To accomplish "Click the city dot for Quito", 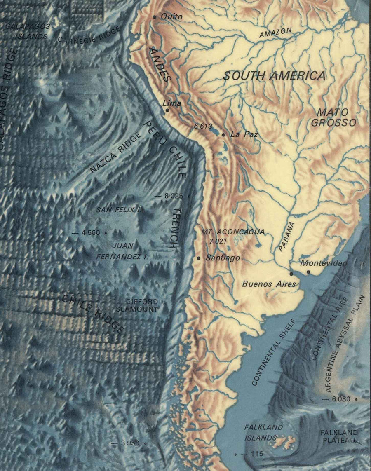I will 155,17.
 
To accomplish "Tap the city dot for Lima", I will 167,110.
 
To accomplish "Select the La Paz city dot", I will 223,135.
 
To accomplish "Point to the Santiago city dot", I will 199,258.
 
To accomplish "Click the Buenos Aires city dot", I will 291,274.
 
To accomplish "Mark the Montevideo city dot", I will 308,272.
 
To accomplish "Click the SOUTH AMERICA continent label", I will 274,76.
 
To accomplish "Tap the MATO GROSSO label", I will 333,117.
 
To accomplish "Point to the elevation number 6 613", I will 202,127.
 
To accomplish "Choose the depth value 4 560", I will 91,233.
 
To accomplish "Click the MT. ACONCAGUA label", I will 232,232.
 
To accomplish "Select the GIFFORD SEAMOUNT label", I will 143,305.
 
